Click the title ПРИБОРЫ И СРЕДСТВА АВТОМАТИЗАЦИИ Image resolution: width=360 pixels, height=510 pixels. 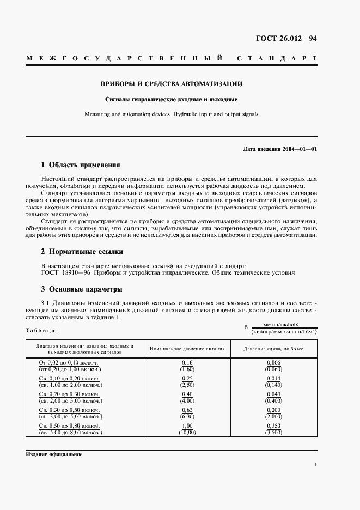coord(171,84)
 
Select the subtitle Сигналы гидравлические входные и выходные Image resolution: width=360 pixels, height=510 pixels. coord(171,100)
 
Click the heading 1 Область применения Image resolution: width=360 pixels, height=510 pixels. coord(81,165)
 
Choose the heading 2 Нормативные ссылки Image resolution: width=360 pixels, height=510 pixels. coord(82,252)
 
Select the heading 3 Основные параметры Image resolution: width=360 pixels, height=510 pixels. coord(82,289)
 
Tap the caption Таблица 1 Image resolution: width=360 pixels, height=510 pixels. coord(44,330)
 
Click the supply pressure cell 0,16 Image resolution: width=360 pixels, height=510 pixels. coord(187,362)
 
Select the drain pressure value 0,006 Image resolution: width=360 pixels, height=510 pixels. coord(274,362)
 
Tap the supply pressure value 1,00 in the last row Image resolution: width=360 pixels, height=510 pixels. coord(187,425)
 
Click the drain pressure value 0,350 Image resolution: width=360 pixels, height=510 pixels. coord(274,425)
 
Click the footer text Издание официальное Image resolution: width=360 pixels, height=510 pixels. coord(53,453)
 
